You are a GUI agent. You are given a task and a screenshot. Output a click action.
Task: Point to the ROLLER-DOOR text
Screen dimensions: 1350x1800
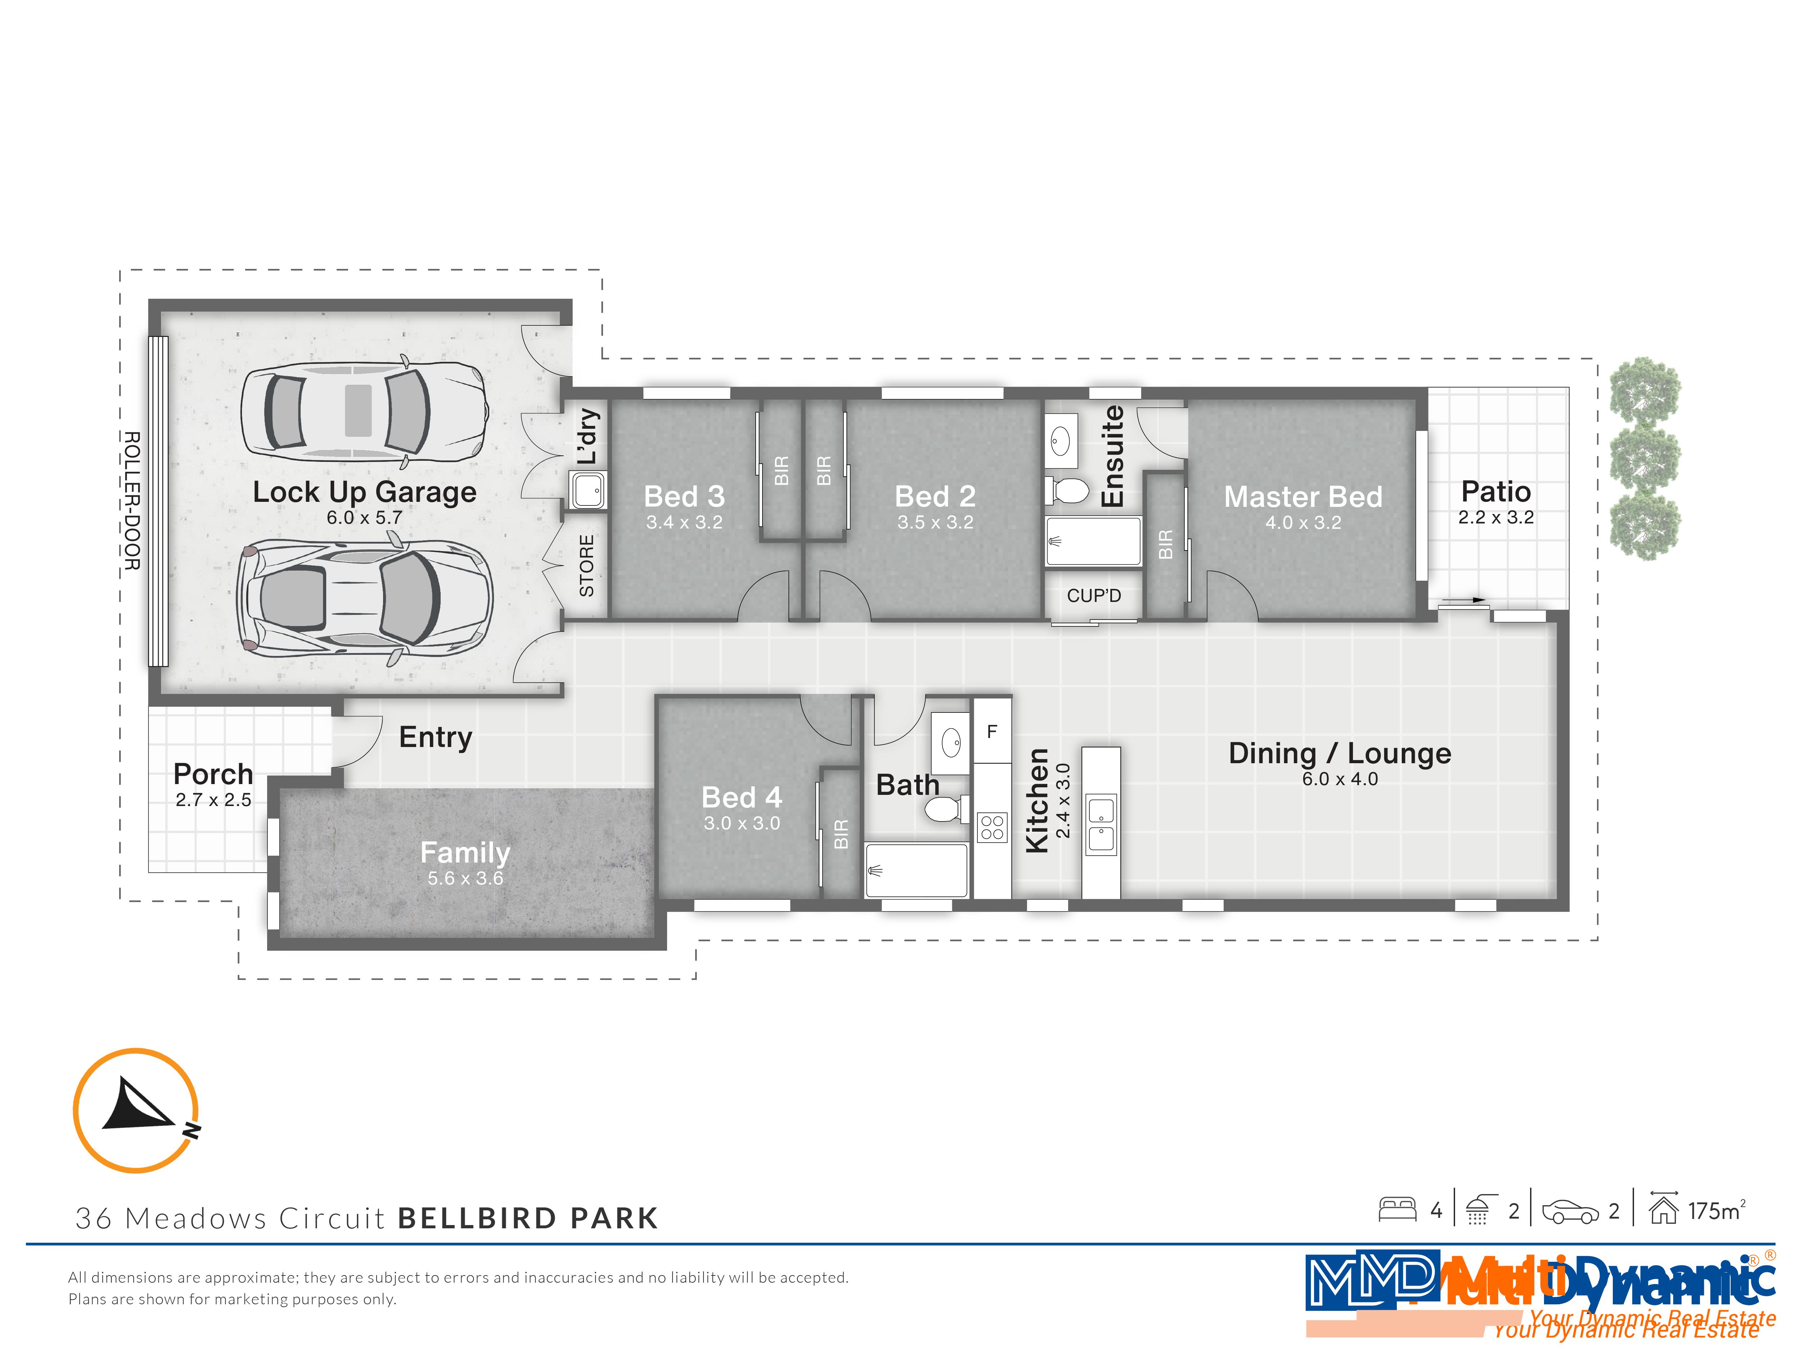pos(132,500)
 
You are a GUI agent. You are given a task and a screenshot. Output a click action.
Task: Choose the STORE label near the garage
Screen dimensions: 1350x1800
pos(586,566)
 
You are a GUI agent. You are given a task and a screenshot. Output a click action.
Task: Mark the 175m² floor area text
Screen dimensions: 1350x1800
pos(1715,1211)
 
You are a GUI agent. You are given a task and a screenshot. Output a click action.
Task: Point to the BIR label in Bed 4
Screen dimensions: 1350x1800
pos(841,834)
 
